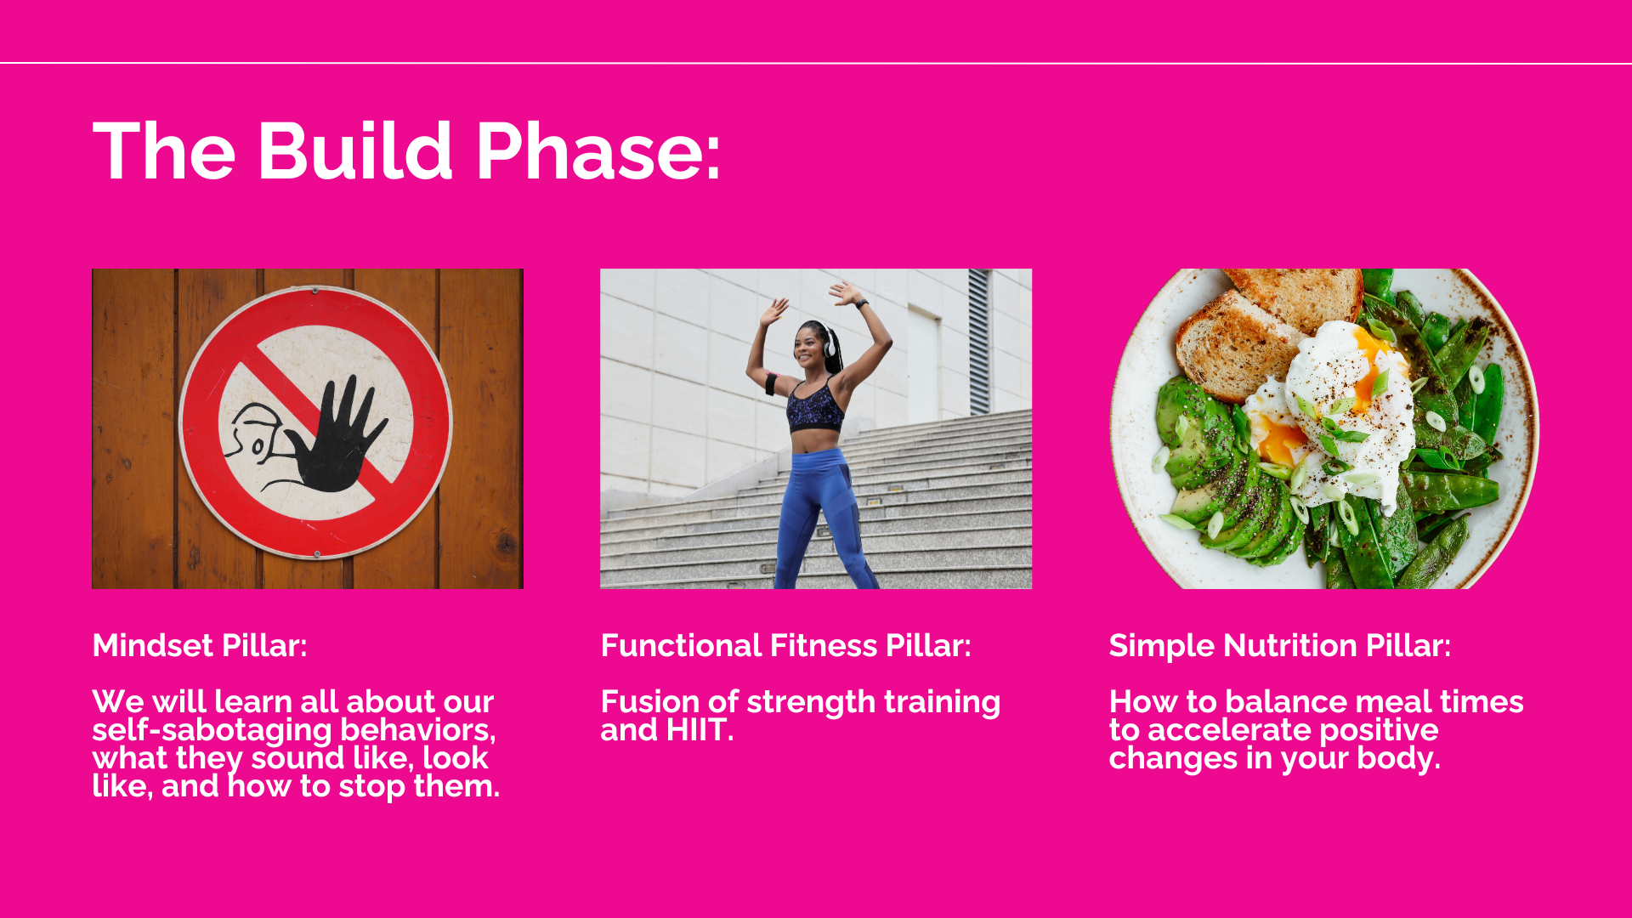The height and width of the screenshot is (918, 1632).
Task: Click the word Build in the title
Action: [x=354, y=151]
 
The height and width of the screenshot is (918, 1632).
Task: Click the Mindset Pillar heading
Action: [x=200, y=646]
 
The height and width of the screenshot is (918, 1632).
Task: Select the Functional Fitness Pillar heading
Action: [x=785, y=646]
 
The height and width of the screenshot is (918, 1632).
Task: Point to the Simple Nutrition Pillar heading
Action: [x=1280, y=646]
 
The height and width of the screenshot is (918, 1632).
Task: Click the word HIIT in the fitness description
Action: [x=700, y=730]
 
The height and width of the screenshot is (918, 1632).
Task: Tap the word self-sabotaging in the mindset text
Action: [x=212, y=730]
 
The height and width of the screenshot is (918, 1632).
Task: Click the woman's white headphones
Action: [x=828, y=343]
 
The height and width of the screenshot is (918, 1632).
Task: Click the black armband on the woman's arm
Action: [x=771, y=383]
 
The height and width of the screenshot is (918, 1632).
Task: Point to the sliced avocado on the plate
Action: [x=1224, y=476]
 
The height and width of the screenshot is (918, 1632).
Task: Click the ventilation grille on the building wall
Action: [x=979, y=341]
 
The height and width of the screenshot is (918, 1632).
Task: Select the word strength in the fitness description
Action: [x=811, y=703]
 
